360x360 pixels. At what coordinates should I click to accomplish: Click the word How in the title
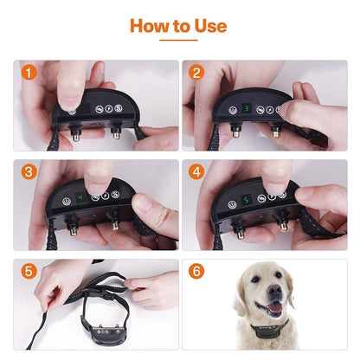coord(150,26)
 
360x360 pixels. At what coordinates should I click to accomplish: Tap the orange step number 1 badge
coord(29,74)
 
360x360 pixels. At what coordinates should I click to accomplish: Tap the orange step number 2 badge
coord(198,74)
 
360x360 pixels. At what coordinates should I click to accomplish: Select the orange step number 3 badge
coord(29,172)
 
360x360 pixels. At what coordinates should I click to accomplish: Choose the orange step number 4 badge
coord(198,172)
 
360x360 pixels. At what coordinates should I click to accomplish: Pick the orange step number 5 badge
coord(29,271)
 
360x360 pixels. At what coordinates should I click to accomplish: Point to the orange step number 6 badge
coord(198,271)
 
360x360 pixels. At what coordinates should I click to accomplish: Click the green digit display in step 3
coord(79,196)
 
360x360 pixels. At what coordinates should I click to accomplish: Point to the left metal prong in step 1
coord(76,134)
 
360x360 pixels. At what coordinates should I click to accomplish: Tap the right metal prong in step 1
coord(115,133)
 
